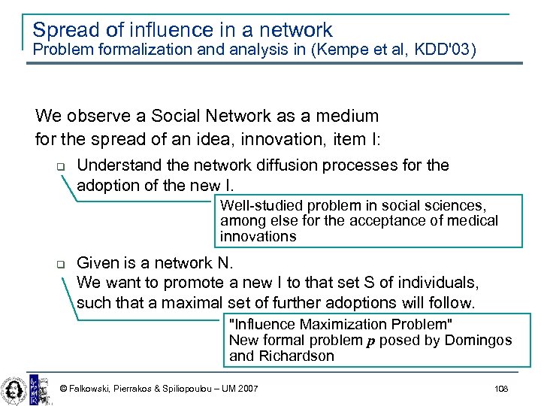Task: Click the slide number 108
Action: click(501, 388)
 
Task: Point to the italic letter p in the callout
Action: click(370, 341)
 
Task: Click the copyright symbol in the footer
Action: click(63, 389)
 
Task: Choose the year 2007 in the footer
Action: click(247, 389)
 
